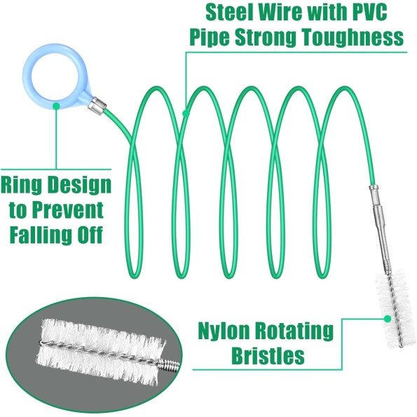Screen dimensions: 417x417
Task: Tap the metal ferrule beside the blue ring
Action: coord(97,107)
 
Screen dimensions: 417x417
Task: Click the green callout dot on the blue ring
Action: coord(56,106)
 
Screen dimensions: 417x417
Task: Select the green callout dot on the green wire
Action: coord(186,114)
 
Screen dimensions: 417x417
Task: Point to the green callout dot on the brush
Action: coord(388,319)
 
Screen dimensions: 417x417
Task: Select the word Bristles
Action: coord(268,355)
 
